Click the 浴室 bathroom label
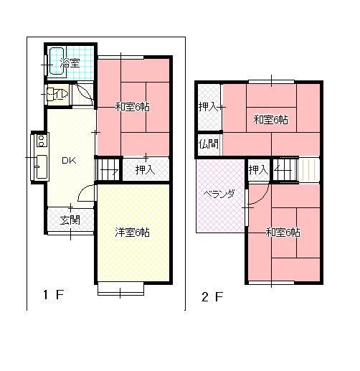coord(70,64)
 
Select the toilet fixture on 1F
coord(55,93)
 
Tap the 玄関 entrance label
coord(70,220)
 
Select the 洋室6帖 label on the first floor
coord(133,232)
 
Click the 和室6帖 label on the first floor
coord(133,107)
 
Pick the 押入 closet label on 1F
coord(145,169)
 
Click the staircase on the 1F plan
coord(108,170)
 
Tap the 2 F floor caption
coord(213,295)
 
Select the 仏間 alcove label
coord(209,144)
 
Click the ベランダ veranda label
coord(217,194)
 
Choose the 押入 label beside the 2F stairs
coord(257,170)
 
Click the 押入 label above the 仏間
coord(209,107)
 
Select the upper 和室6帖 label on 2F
coord(270,119)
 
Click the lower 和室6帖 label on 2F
coord(283,232)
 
